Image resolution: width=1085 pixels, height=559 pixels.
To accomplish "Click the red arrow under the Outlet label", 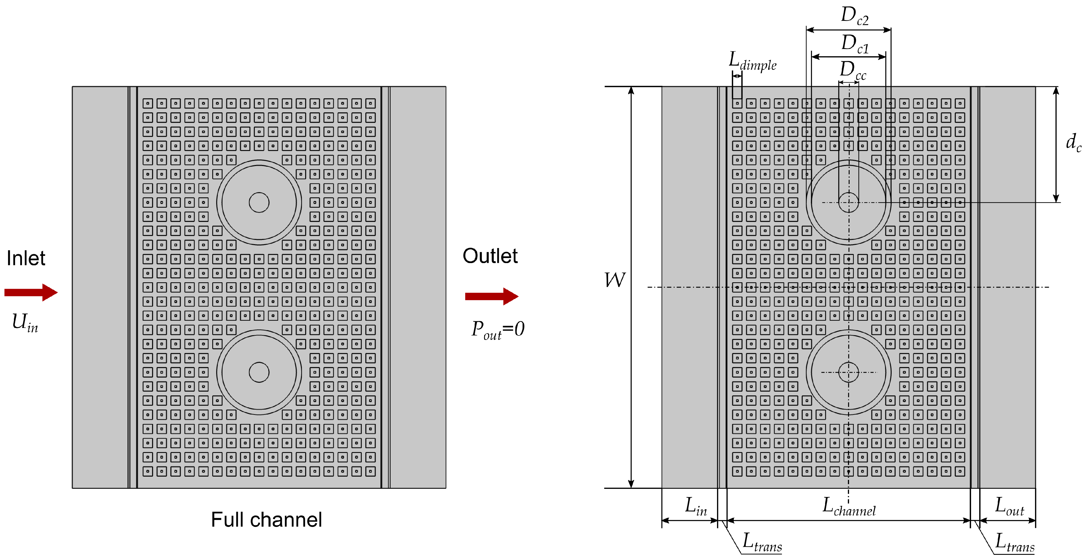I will tap(491, 296).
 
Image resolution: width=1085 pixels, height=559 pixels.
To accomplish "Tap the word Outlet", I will tap(490, 256).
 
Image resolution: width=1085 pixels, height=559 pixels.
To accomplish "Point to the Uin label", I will tap(25, 322).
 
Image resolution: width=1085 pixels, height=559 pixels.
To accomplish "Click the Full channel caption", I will tap(266, 519).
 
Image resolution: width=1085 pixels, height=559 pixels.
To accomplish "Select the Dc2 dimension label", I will tap(854, 16).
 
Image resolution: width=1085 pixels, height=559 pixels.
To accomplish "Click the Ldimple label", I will tap(752, 61).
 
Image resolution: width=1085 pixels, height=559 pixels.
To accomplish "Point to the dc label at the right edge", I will tap(1073, 142).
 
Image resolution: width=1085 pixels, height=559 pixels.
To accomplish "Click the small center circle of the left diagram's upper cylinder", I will tap(259, 202).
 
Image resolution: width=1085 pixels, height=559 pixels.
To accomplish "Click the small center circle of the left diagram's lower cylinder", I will tap(259, 372).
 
